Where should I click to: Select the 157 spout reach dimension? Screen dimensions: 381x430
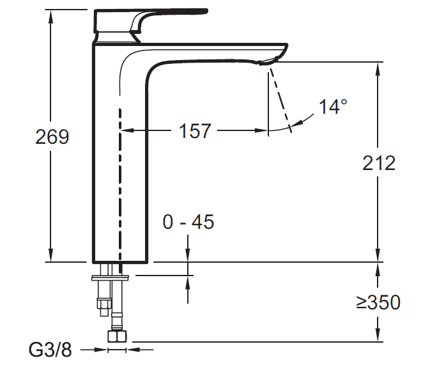click(195, 131)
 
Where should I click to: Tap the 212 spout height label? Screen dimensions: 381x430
click(379, 163)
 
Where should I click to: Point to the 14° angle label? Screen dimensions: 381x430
click(334, 107)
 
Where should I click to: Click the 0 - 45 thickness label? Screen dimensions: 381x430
click(188, 222)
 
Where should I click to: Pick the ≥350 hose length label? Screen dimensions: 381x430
click(378, 302)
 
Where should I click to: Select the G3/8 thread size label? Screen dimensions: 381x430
click(50, 350)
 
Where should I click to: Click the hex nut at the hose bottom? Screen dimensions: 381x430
click(118, 337)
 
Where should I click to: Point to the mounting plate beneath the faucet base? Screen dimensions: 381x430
click(111, 277)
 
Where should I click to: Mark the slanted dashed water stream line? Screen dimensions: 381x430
click(280, 99)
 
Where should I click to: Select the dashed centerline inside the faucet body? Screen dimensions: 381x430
click(119, 185)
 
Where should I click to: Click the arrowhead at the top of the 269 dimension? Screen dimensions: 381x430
click(50, 14)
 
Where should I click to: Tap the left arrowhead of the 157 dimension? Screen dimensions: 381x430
click(126, 131)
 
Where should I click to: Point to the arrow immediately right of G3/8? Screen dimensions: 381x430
click(101, 350)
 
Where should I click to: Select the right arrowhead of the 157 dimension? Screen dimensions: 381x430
click(263, 131)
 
